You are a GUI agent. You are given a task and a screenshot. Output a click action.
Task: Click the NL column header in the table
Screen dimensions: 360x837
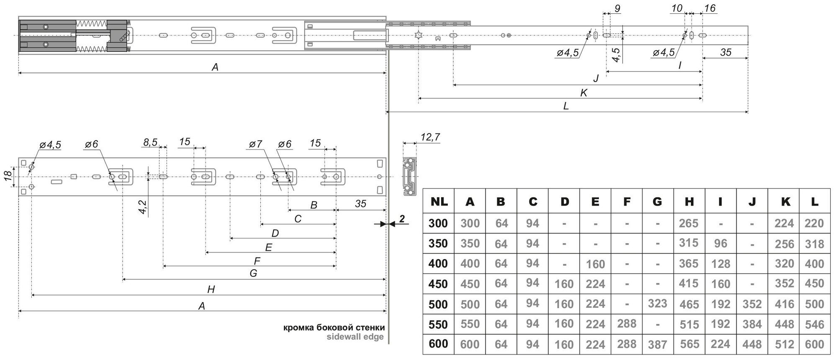(x=438, y=202)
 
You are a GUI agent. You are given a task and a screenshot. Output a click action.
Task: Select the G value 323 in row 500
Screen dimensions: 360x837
(x=657, y=303)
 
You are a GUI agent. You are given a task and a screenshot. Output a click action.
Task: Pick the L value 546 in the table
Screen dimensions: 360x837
(x=814, y=324)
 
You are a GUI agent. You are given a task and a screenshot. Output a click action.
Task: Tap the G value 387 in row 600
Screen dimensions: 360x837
(x=657, y=344)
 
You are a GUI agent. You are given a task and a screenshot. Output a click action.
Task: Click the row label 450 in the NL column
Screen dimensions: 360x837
(x=438, y=284)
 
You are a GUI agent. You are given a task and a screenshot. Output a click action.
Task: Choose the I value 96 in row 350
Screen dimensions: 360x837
(x=720, y=243)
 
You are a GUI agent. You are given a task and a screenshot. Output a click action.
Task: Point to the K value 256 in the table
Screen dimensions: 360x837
(x=784, y=244)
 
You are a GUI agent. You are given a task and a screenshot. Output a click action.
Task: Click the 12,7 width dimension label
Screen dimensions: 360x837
(x=430, y=137)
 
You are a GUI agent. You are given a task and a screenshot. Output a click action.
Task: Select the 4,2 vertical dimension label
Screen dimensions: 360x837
(x=142, y=207)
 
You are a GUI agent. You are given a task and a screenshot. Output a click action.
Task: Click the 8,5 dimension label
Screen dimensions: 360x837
(x=150, y=142)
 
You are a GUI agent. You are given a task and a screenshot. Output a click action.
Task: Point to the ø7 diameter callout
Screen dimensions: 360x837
(x=255, y=144)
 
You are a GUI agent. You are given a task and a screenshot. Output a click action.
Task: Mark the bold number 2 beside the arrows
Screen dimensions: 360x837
(x=402, y=219)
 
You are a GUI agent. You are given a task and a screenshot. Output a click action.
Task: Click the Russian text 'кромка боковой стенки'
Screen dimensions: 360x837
(x=334, y=327)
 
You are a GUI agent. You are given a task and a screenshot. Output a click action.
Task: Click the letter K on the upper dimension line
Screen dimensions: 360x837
(x=584, y=93)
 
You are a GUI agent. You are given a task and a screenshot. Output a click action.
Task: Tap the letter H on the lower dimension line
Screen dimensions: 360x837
(x=211, y=289)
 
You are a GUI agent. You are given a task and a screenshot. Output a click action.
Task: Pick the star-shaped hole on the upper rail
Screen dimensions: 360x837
(x=418, y=36)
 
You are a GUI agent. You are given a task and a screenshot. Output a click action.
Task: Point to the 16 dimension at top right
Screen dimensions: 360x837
(x=710, y=8)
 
